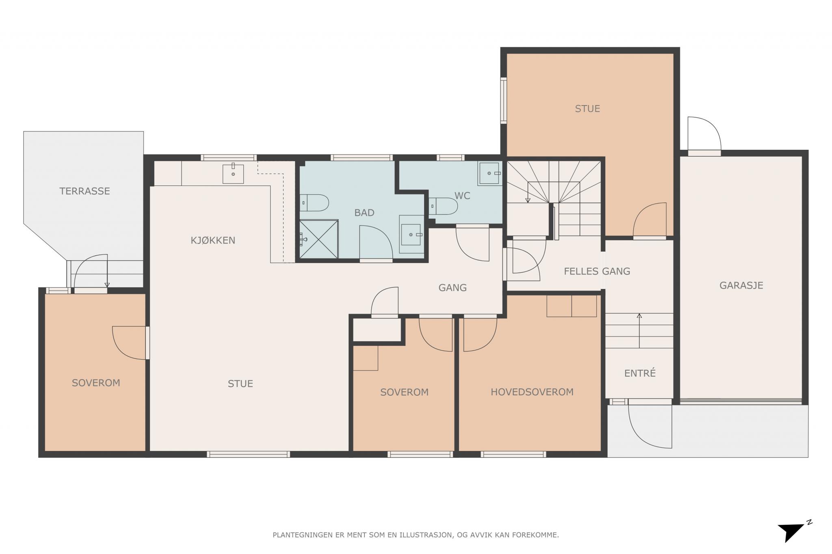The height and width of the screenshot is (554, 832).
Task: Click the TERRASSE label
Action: point(84,191)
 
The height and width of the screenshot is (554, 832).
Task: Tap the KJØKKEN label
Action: point(213,240)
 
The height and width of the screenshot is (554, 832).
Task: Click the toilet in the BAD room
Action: point(314,203)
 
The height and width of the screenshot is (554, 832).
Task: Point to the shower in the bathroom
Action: point(319,239)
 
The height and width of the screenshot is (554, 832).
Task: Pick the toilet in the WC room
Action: point(443,206)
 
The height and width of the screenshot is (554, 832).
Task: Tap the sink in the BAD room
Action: point(411,234)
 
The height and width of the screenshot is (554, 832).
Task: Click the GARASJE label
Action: point(741,285)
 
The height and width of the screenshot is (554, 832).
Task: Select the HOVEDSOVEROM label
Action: point(532,392)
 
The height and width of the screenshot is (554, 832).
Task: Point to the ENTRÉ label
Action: point(640,373)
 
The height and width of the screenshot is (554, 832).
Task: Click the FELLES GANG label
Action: point(597,271)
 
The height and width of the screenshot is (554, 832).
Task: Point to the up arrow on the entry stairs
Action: point(639,331)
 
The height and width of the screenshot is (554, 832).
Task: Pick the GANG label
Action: point(453,288)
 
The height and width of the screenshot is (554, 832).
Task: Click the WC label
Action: point(462,196)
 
